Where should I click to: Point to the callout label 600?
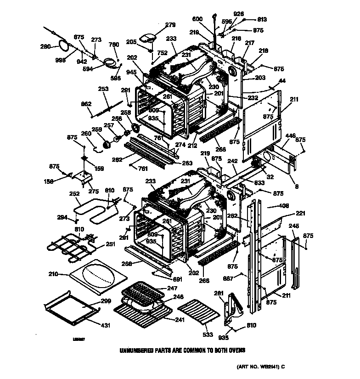pyautogui.click(x=197, y=19)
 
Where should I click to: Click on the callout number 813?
pyautogui.click(x=262, y=19)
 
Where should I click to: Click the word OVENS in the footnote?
pyautogui.click(x=236, y=350)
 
